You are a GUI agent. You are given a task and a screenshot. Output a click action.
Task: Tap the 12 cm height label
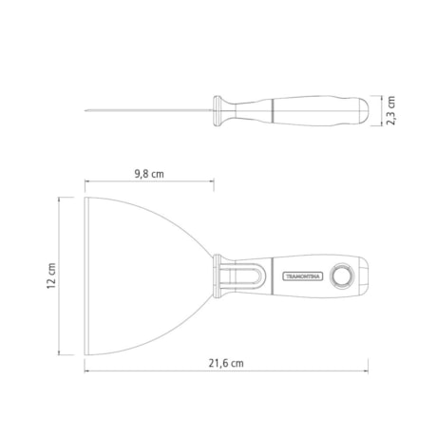pyautogui.click(x=54, y=276)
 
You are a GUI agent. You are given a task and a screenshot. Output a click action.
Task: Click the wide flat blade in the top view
pyautogui.click(x=142, y=275)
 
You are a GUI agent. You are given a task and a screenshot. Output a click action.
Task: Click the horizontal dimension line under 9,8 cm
pyautogui.click(x=147, y=185)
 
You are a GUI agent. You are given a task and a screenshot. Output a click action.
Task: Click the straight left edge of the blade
pyautogui.click(x=85, y=276)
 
